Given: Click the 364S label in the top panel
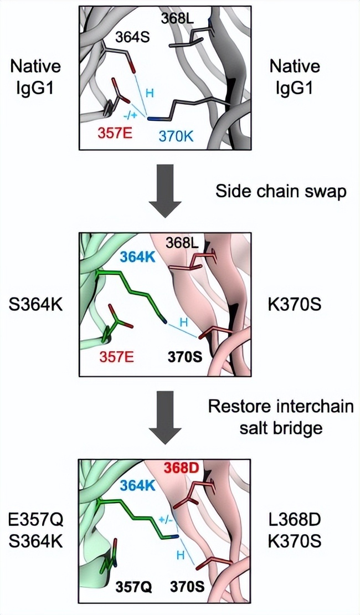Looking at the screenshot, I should click(x=133, y=38).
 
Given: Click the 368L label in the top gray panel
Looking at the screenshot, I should click(x=177, y=18).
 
